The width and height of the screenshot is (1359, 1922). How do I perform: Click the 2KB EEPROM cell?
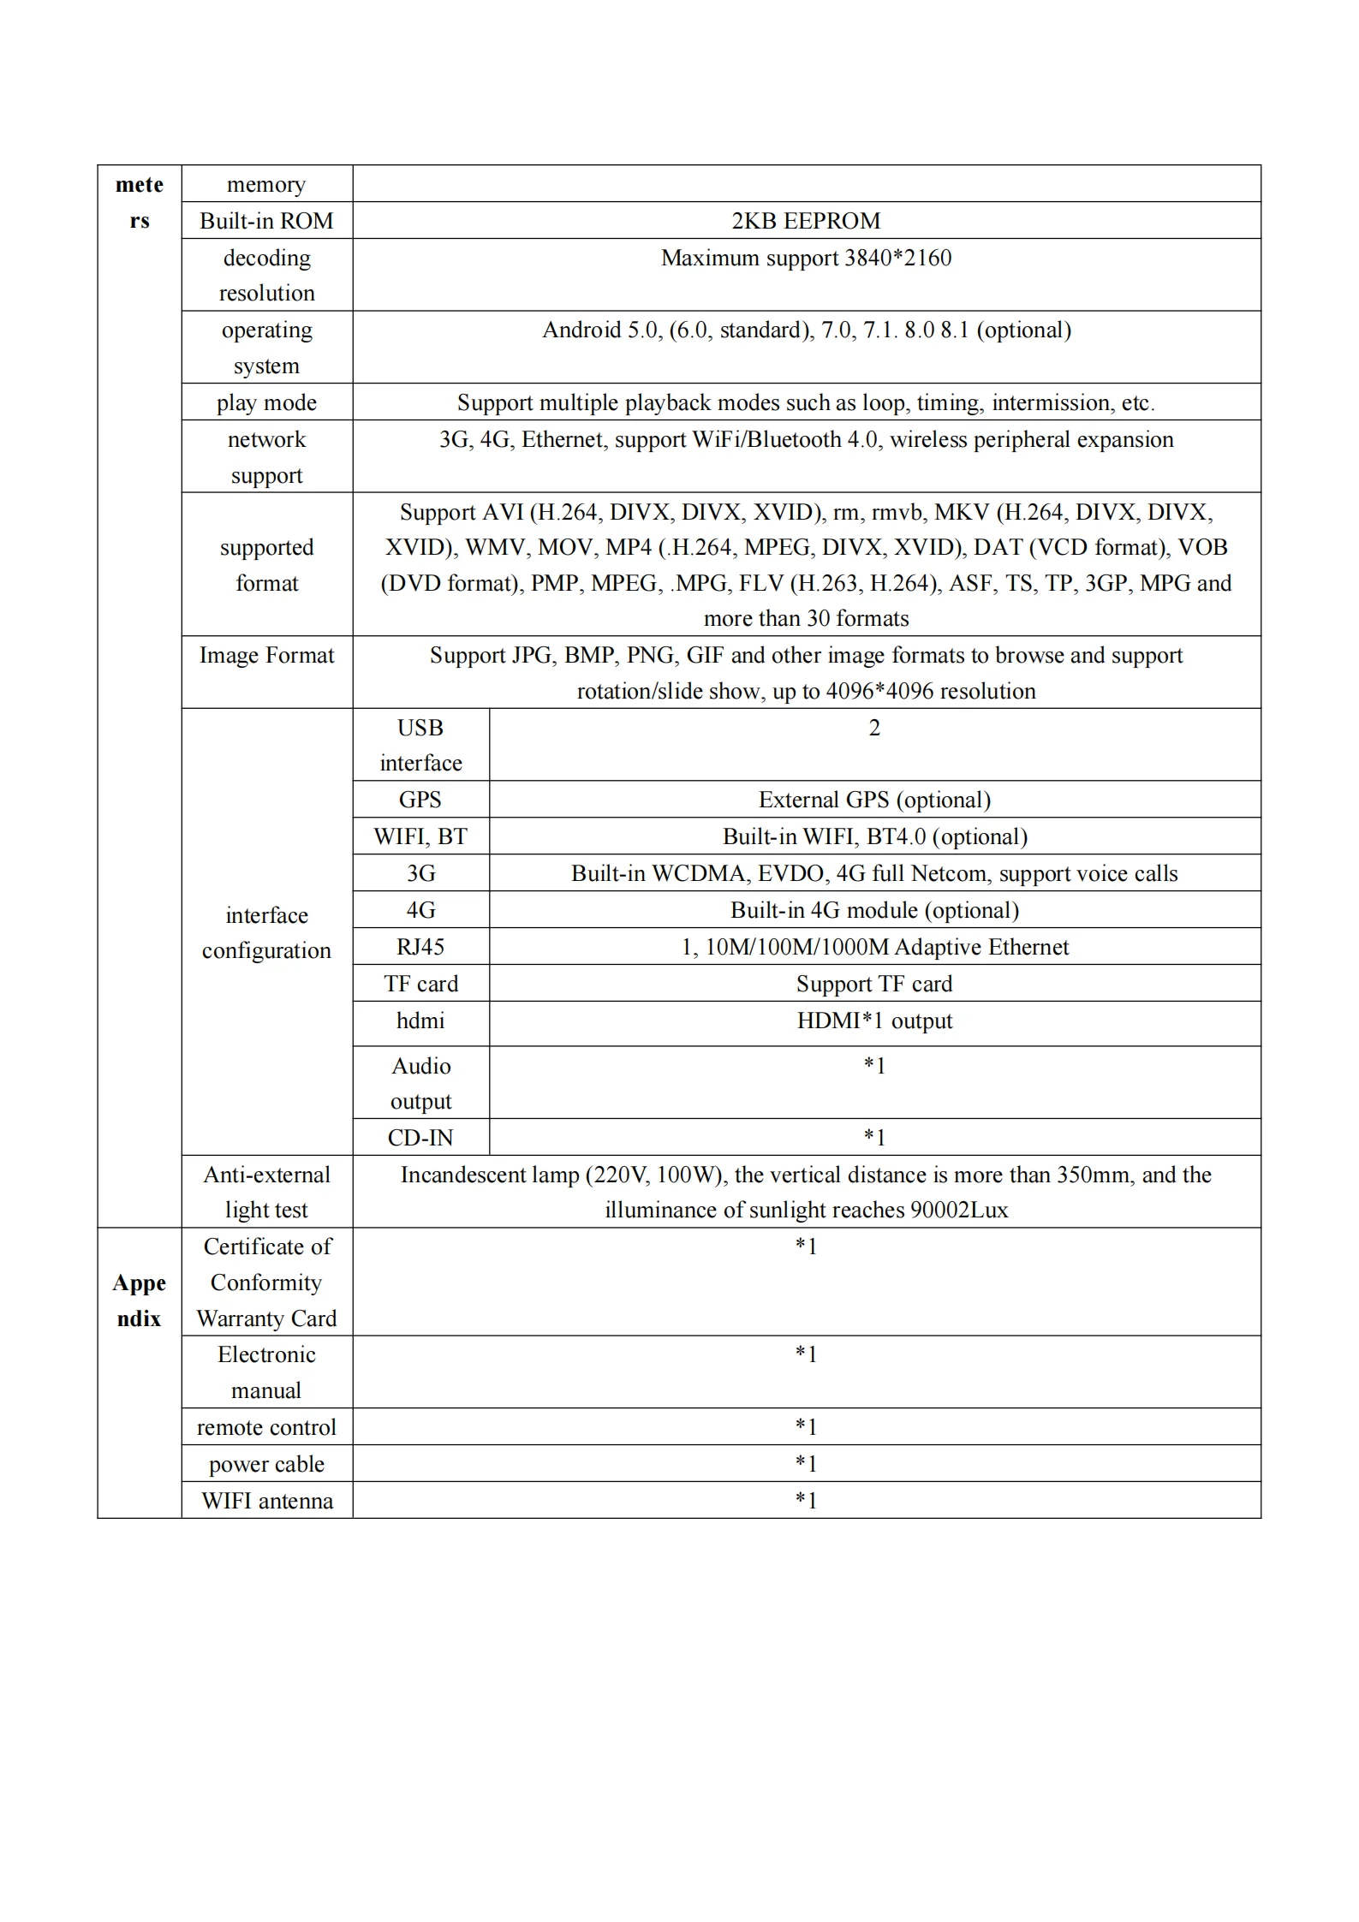[x=806, y=221]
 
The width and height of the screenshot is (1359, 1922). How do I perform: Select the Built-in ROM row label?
[x=266, y=221]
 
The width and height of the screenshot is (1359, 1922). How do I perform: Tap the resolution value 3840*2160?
[x=897, y=258]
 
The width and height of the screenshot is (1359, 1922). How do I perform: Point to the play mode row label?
[x=266, y=402]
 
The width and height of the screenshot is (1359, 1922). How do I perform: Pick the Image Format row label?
[x=266, y=655]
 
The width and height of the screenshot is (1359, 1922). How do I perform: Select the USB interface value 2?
[x=874, y=728]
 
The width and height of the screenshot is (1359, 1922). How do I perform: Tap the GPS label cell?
[x=420, y=800]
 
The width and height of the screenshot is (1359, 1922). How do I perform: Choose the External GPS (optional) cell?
[x=874, y=800]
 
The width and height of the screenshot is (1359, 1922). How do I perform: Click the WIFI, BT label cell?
[x=420, y=836]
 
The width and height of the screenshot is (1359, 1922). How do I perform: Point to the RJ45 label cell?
[x=420, y=947]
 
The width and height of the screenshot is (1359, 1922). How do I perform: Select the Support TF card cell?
[x=874, y=984]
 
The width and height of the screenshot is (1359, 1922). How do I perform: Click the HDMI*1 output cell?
[x=874, y=1021]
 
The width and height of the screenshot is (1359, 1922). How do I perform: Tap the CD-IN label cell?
[x=420, y=1138]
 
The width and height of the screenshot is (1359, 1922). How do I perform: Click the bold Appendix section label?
[x=139, y=1300]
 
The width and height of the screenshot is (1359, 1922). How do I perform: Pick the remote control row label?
[x=266, y=1427]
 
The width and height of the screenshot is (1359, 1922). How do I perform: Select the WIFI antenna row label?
[x=266, y=1501]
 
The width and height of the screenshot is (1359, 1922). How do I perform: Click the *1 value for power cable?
[x=806, y=1464]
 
